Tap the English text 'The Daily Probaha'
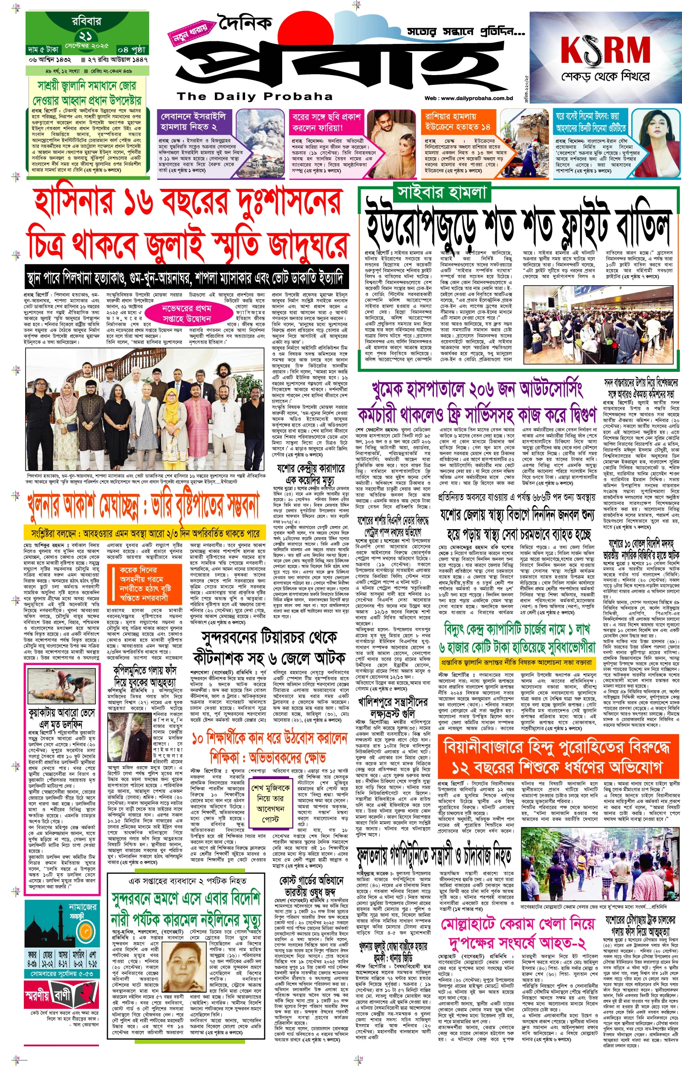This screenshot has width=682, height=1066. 254,96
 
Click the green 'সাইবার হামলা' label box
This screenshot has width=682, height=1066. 442,193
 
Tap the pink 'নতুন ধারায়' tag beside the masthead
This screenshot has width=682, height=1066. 190,35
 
